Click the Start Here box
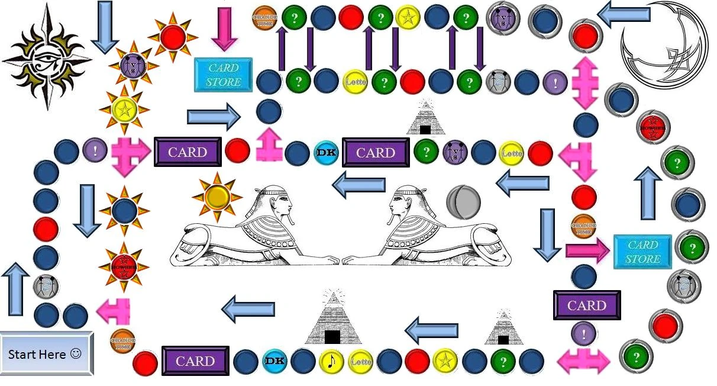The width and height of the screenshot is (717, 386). coord(46,354)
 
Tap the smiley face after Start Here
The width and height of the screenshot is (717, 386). coord(76,353)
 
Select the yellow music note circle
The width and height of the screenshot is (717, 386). coord(331,361)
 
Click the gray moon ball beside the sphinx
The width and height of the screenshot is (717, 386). coord(463,201)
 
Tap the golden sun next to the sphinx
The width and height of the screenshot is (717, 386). coord(217,195)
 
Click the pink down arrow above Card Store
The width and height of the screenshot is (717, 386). coord(224,28)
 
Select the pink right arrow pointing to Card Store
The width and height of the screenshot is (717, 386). coord(586,250)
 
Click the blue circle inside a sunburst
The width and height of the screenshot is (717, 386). coord(124,210)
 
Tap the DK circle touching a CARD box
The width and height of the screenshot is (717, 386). coord(326,152)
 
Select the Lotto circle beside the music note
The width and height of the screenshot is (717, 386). coord(360,361)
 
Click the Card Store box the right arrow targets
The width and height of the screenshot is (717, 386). coord(643,252)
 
